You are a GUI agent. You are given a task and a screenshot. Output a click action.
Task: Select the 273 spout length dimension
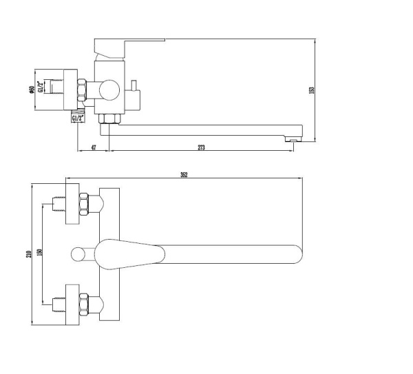click(x=201, y=147)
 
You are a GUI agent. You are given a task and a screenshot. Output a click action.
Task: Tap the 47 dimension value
click(x=92, y=147)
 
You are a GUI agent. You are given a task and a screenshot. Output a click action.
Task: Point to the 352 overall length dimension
click(x=184, y=175)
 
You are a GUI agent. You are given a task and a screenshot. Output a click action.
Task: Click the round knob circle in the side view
click(x=109, y=89)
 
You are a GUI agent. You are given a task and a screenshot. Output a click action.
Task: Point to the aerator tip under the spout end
click(x=293, y=140)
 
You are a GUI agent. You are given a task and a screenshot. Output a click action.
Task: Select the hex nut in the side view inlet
click(x=83, y=89)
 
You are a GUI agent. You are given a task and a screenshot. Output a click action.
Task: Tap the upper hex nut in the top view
click(x=83, y=205)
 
